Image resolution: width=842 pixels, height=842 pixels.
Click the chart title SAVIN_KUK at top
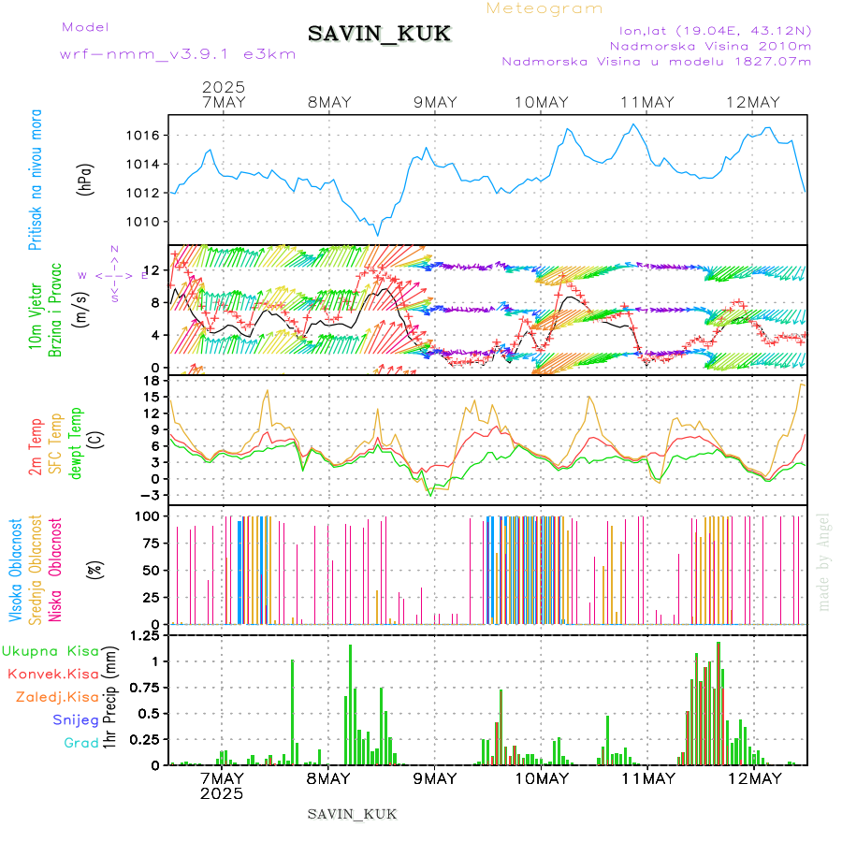379,35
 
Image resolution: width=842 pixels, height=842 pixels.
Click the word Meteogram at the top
544,8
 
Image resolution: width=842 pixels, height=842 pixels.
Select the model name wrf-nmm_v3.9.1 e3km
178,53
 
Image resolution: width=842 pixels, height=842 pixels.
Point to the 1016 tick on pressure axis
142,136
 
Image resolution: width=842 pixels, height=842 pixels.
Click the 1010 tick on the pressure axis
142,223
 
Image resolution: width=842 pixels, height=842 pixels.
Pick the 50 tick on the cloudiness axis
150,570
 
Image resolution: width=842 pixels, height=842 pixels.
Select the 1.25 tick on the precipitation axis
145,637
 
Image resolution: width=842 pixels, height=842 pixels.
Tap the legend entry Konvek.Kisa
52,674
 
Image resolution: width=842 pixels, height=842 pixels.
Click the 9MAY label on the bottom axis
434,778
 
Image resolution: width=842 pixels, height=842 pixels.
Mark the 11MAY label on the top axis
646,102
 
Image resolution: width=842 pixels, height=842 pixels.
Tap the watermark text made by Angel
824,561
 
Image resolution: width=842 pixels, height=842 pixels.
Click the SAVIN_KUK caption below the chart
352,814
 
